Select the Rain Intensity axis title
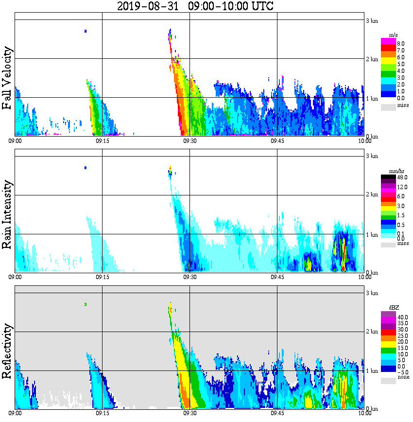tap(7, 214)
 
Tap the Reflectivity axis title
tap(7, 351)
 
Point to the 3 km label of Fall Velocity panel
tap(372, 20)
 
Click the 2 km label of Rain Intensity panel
tap(372, 195)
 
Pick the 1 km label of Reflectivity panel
tap(372, 371)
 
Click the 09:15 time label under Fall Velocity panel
tap(102, 141)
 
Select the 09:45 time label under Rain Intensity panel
tap(277, 277)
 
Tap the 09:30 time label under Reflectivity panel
tap(189, 413)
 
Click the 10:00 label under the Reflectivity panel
tap(364, 413)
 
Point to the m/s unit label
tap(393, 35)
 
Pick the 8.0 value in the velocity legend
tap(400, 43)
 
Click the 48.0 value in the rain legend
tap(402, 178)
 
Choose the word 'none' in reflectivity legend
tap(403, 377)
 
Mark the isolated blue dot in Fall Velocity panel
tap(86, 31)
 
